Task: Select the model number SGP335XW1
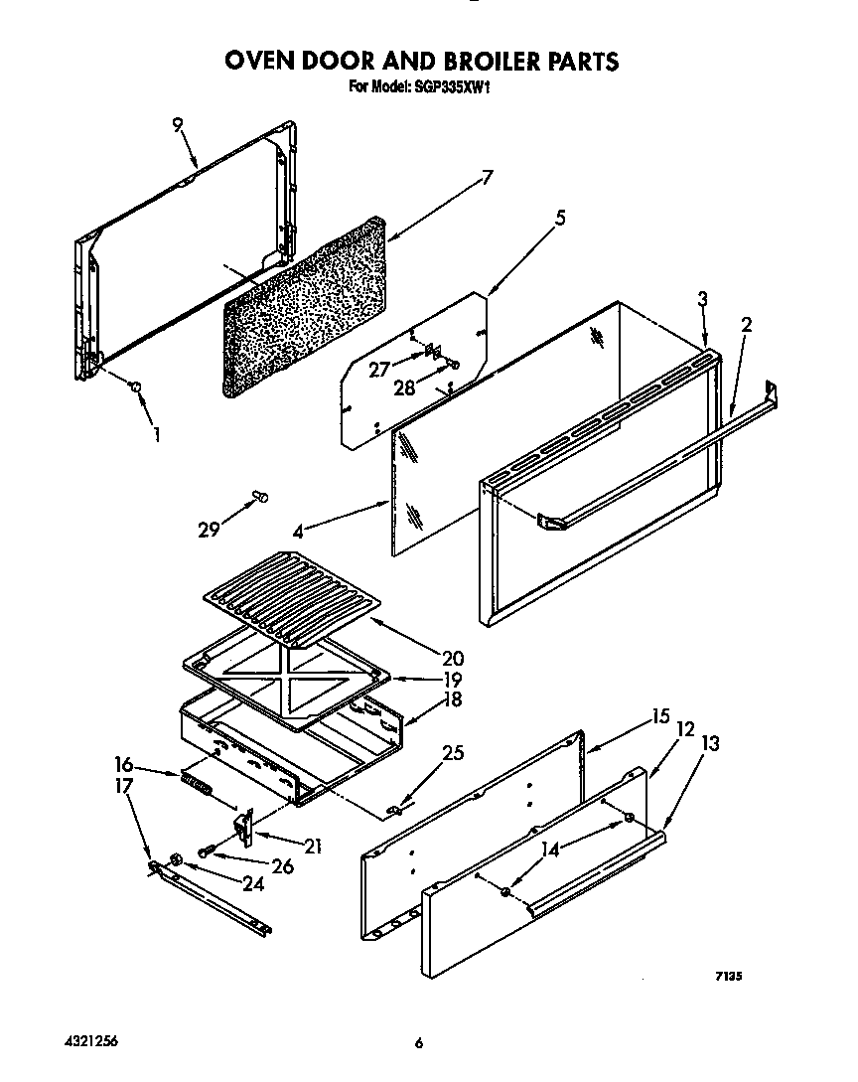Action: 451,87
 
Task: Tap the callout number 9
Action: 177,125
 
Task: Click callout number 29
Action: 208,530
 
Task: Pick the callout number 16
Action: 124,764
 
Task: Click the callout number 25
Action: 452,753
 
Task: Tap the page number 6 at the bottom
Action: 420,1042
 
